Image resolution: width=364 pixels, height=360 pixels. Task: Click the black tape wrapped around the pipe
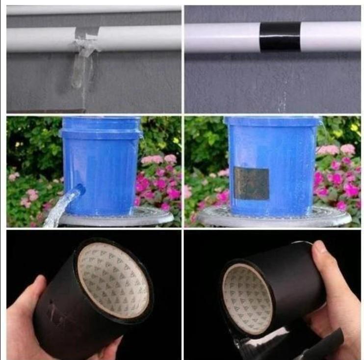coord(280,36)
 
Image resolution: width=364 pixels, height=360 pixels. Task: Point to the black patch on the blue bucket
coord(251,183)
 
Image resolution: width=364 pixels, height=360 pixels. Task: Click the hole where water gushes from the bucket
coord(78,189)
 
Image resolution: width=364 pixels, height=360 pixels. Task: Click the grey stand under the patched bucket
coord(275,219)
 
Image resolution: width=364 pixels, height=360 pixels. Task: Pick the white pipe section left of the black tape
coord(221,37)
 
